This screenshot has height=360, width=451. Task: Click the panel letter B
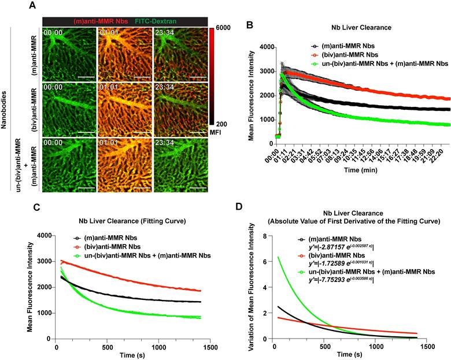pyautogui.click(x=249, y=25)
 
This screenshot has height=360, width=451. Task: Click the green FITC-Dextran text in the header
pyautogui.click(x=159, y=21)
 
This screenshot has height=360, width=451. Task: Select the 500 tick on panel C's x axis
pyautogui.click(x=106, y=348)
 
